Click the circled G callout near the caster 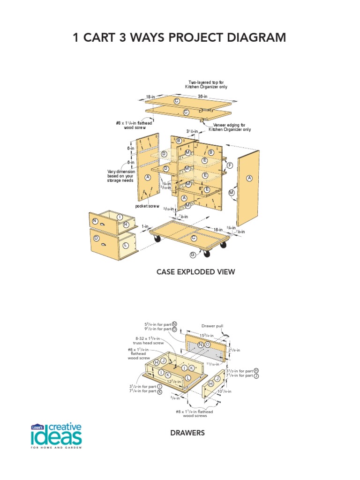tap(192, 255)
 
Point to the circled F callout tap(230, 165)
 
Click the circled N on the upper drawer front tap(95, 221)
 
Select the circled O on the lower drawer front tap(96, 238)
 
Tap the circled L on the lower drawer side tap(126, 245)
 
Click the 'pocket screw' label tap(147, 206)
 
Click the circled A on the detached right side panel tap(249, 178)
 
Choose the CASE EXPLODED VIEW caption tap(195, 272)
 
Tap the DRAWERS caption tap(187, 433)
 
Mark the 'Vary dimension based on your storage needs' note tap(121, 176)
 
